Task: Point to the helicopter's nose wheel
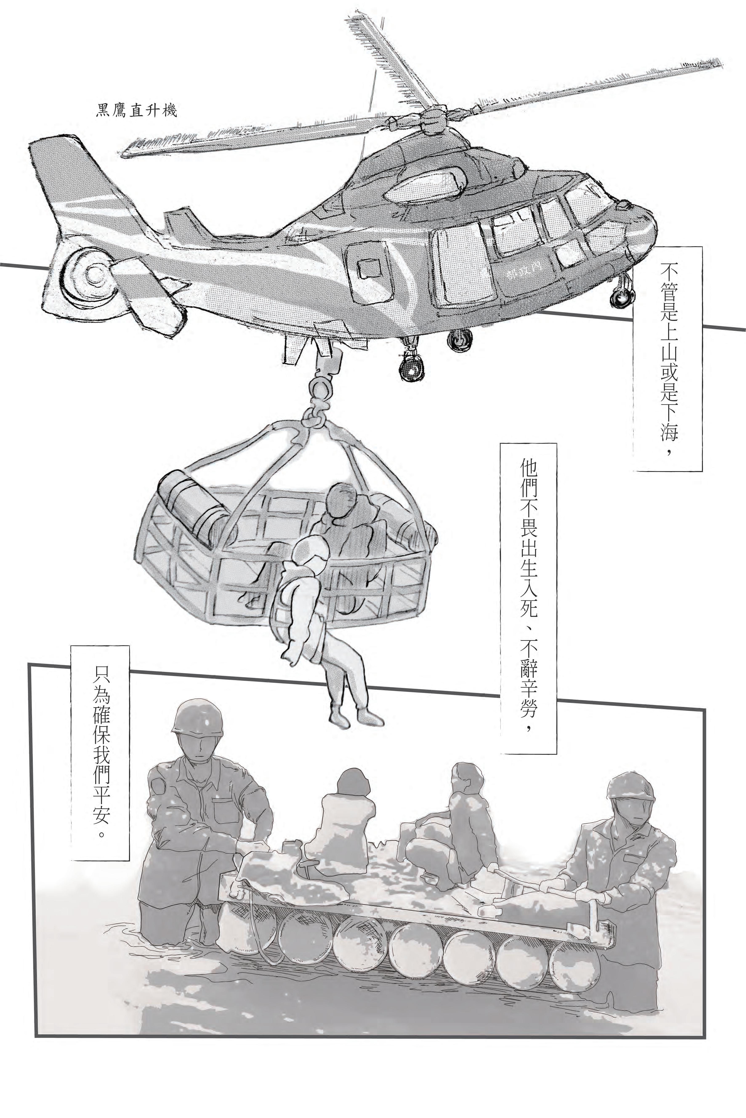click(x=621, y=297)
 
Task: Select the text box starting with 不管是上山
click(x=668, y=359)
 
